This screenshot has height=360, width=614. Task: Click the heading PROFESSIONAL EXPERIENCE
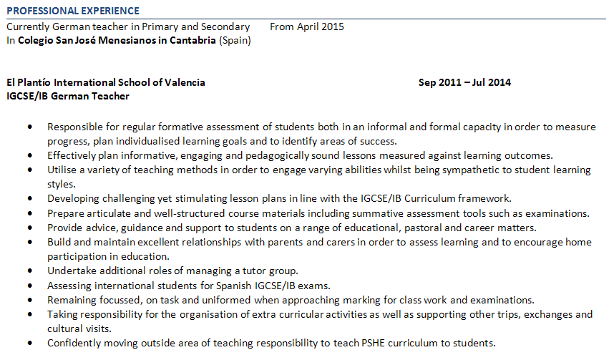tap(73, 11)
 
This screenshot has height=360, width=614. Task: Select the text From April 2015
tap(307, 26)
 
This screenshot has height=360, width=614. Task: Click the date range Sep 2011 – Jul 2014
tap(464, 82)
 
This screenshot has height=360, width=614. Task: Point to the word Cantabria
tap(190, 40)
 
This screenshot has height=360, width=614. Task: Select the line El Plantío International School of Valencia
tap(105, 82)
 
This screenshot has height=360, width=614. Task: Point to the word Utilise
tap(62, 170)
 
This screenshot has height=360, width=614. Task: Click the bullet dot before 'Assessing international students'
tap(29, 285)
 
